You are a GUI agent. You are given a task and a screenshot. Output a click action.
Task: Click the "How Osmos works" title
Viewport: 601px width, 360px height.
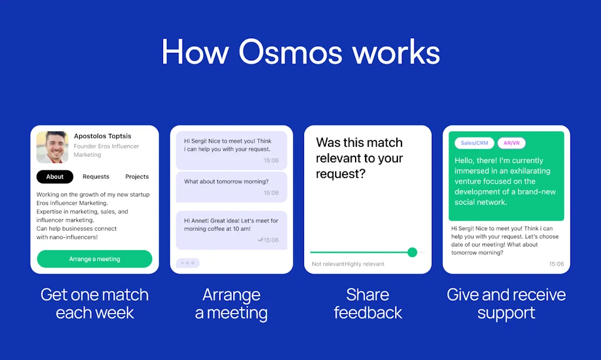(x=300, y=52)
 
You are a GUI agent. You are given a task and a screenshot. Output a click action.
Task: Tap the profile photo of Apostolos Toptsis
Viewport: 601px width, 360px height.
(x=52, y=147)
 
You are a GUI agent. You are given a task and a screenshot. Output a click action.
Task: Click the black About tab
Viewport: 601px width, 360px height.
(x=55, y=177)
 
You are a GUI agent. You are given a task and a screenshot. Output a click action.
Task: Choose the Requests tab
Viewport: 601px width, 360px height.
(x=96, y=177)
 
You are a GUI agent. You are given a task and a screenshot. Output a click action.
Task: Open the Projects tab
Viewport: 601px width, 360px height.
(x=137, y=177)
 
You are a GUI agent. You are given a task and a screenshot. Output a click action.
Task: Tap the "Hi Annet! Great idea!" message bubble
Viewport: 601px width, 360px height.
(x=231, y=229)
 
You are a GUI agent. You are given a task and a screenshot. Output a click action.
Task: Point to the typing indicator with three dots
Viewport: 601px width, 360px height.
(x=188, y=263)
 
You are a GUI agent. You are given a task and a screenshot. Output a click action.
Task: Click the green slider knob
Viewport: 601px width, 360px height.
(x=412, y=252)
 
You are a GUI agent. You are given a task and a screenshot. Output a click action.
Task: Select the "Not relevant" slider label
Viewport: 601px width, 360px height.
(x=327, y=264)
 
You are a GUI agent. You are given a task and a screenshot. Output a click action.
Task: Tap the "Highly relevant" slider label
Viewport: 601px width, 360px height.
(x=364, y=264)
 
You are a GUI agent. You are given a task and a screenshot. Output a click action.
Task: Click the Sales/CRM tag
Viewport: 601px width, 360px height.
(x=474, y=143)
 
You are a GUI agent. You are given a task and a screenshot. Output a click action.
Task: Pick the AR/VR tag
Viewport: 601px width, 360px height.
(x=512, y=143)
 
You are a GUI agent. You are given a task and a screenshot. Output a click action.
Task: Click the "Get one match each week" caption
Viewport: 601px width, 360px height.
(x=94, y=303)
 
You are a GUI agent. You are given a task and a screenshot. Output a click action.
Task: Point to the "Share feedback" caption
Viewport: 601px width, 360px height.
(x=368, y=303)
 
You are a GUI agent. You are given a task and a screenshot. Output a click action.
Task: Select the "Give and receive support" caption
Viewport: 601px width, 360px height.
(x=506, y=303)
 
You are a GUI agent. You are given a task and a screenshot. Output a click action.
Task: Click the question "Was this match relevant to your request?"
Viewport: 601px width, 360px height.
(x=359, y=158)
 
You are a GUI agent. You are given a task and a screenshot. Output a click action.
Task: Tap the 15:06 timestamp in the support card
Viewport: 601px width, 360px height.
(x=556, y=264)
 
